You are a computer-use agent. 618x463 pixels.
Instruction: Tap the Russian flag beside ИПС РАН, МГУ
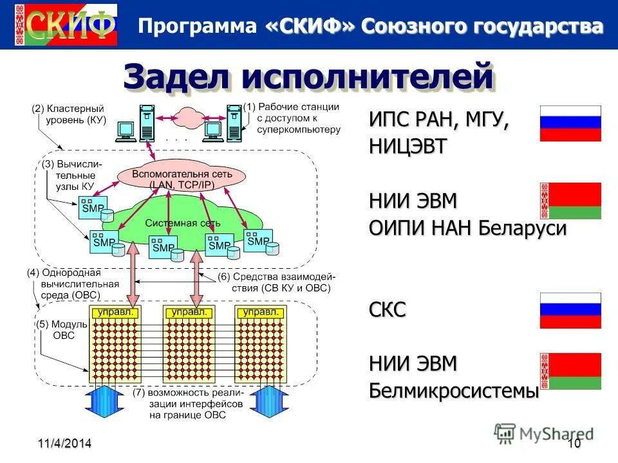coord(570,123)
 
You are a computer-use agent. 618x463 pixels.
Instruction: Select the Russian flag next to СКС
coord(570,311)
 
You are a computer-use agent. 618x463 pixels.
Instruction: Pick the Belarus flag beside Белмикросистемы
coord(570,371)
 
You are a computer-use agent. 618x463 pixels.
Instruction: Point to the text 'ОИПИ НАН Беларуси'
coord(468,228)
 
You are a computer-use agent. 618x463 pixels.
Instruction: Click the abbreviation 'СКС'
coord(388,310)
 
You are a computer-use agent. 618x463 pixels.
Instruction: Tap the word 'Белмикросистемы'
coord(454,390)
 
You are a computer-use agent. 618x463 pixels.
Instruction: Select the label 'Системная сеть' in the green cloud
coord(183,223)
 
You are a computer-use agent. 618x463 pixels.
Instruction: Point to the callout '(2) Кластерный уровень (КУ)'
coord(68,114)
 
